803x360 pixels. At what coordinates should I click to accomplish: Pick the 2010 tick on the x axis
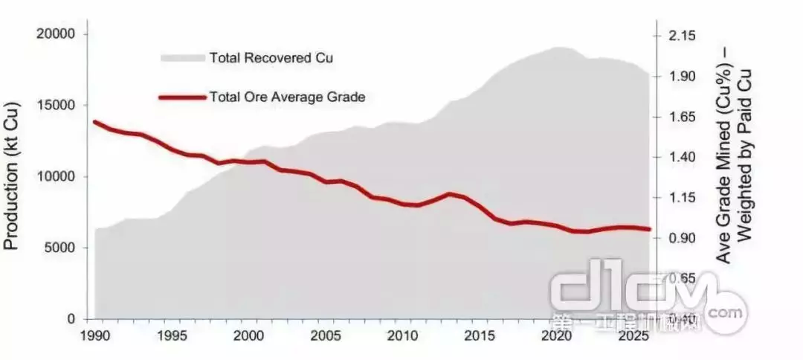[402, 335]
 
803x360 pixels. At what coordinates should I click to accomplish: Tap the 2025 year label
[632, 335]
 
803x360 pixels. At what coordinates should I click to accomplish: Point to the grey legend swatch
[182, 57]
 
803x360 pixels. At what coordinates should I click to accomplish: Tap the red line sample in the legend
[182, 97]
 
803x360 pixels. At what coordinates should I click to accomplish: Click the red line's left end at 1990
[95, 122]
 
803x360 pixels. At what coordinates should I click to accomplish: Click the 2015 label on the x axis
[479, 335]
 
